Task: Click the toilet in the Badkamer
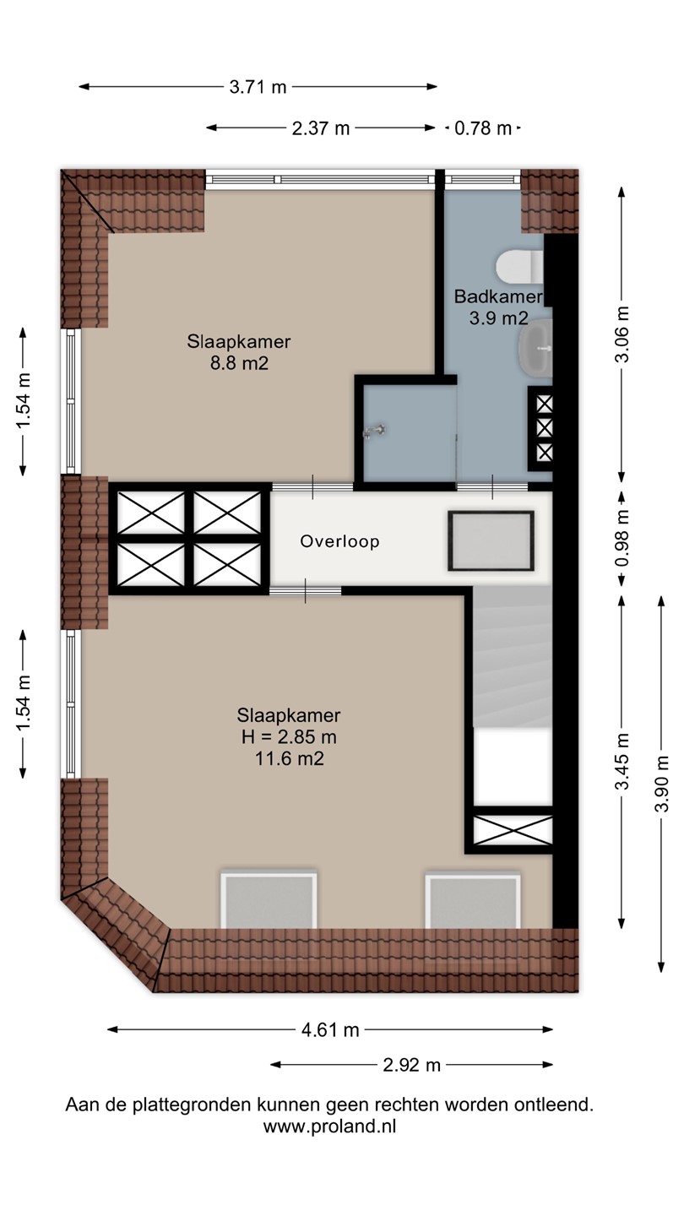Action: coord(520,266)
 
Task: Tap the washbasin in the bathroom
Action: coord(535,347)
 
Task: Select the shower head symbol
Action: coord(375,431)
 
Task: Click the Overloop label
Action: coord(339,541)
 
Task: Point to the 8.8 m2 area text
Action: coord(240,362)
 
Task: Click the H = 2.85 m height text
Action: coord(289,736)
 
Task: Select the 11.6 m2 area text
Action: coord(290,757)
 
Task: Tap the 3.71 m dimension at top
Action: coord(258,87)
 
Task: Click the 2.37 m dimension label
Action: coord(321,128)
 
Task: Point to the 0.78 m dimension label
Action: coord(483,128)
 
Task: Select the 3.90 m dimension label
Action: coord(661,784)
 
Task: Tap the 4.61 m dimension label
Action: coord(330,1029)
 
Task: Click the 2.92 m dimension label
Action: coord(411,1065)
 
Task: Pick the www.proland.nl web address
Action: coord(329,1126)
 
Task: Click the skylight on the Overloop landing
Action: coord(491,540)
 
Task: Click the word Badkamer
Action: coord(498,296)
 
